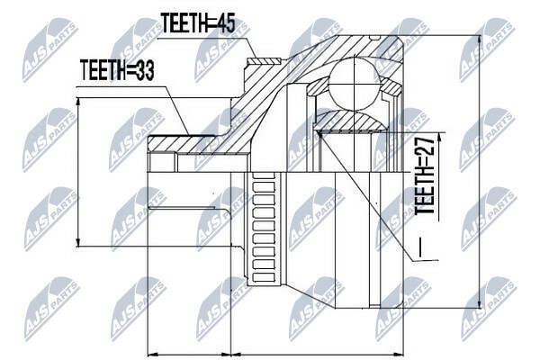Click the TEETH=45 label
click(x=198, y=23)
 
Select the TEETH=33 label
click(x=117, y=70)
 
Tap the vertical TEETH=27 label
click(x=424, y=175)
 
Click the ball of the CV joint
click(x=354, y=84)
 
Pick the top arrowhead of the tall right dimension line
click(x=479, y=40)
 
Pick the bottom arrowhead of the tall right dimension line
click(x=479, y=302)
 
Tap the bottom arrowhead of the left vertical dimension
click(x=79, y=241)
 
